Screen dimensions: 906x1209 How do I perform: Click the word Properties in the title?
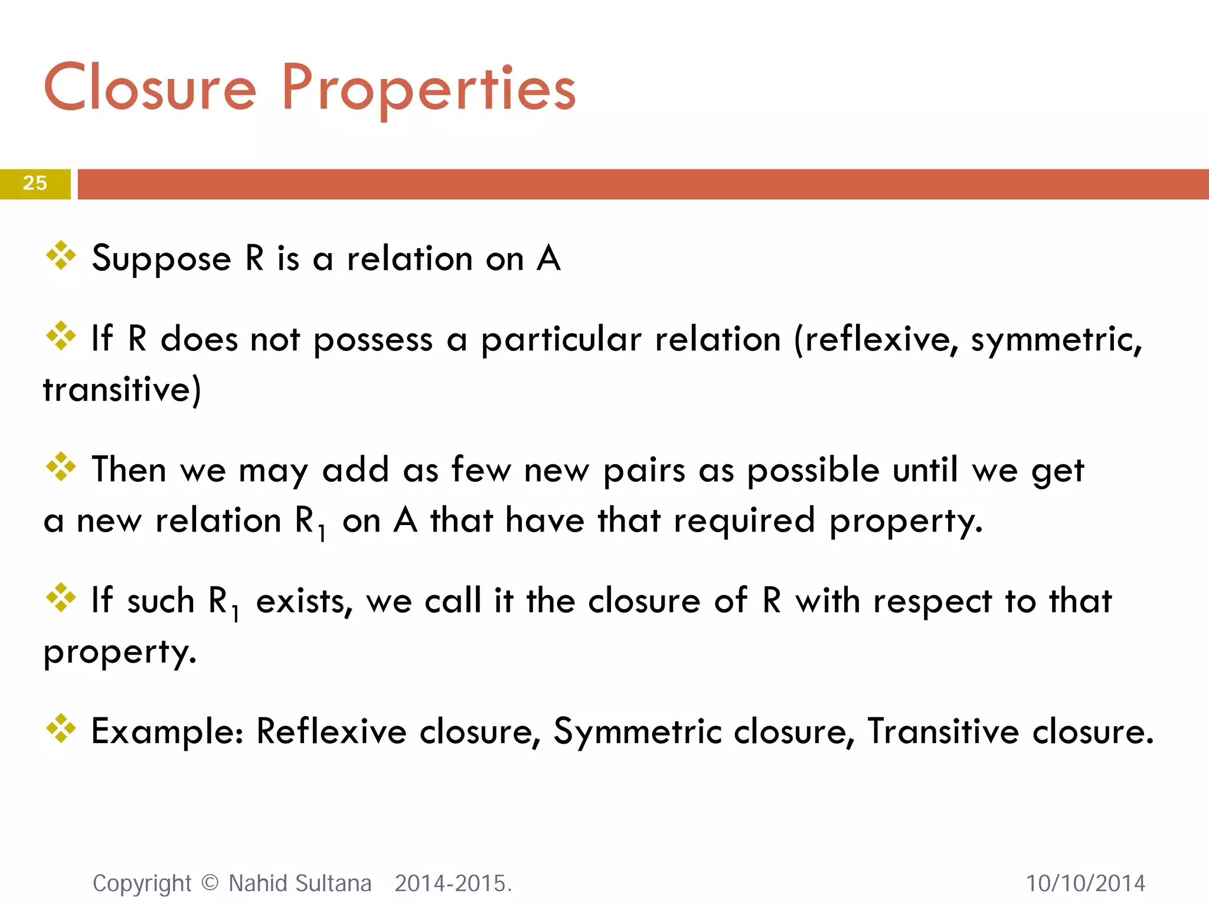[429, 88]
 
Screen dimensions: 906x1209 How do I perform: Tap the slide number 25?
[35, 183]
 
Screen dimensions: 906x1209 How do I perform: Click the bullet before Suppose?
[61, 256]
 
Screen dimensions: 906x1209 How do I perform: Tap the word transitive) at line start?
[122, 390]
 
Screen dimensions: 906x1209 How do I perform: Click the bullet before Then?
[61, 467]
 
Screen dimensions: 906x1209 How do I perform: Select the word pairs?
[643, 471]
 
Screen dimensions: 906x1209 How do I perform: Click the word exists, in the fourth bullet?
[304, 602]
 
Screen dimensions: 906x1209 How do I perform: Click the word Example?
[168, 732]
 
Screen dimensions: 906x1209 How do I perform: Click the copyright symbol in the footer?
[210, 882]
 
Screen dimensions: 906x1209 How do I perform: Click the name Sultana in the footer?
[334, 884]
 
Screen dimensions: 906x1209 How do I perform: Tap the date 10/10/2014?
[1085, 884]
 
